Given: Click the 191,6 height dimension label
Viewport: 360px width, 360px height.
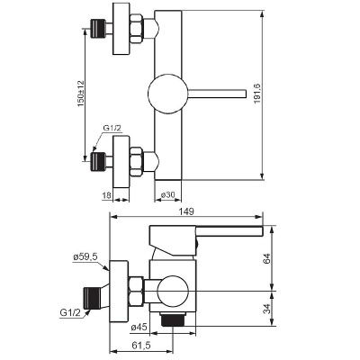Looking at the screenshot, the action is pos(257,94).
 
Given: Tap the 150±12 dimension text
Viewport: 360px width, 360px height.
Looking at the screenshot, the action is pos(80,94).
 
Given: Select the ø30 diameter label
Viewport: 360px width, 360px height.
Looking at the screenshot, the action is pos(167,194).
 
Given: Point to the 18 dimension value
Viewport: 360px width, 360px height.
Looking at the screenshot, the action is pos(106,195).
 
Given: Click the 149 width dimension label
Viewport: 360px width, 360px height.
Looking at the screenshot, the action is pos(186,211).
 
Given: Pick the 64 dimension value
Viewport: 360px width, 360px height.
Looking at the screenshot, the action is pos(266,258).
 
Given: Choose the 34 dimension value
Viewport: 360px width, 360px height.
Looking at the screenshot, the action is pos(266,308).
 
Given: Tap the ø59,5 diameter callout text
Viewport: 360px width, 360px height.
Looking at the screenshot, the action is pos(85,256).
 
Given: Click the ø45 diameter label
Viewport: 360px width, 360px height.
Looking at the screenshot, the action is pos(139,327).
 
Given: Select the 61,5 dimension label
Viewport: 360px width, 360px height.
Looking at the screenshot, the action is pos(141,346).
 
